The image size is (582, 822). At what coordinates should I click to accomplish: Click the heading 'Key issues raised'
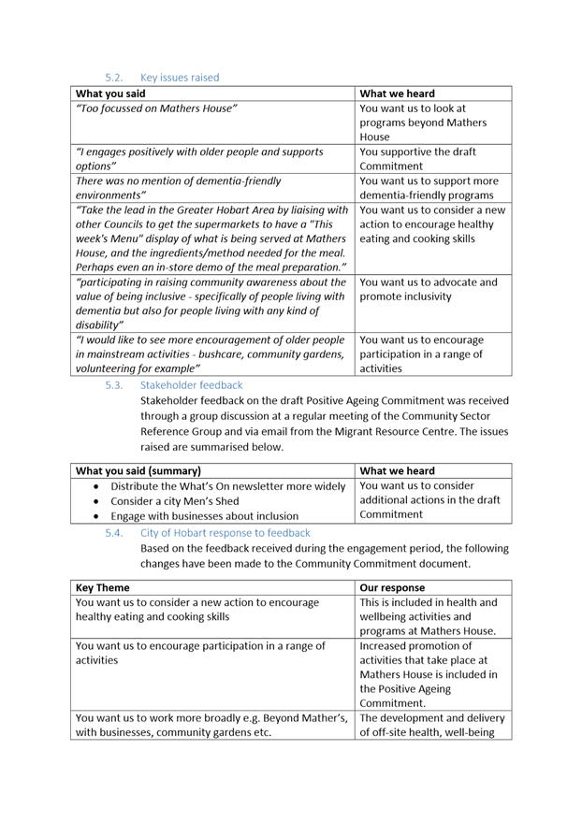[180, 78]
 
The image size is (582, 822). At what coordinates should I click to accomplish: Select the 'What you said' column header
[110, 94]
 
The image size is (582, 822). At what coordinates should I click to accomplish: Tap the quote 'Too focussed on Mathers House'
[156, 108]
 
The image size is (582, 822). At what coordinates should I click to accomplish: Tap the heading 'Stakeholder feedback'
[191, 384]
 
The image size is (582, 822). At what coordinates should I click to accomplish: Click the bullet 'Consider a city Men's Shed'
[174, 501]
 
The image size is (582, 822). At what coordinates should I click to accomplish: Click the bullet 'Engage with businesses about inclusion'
[204, 516]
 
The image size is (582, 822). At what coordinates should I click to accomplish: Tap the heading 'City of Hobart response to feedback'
[225, 533]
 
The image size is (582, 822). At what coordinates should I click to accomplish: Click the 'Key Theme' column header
[103, 588]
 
